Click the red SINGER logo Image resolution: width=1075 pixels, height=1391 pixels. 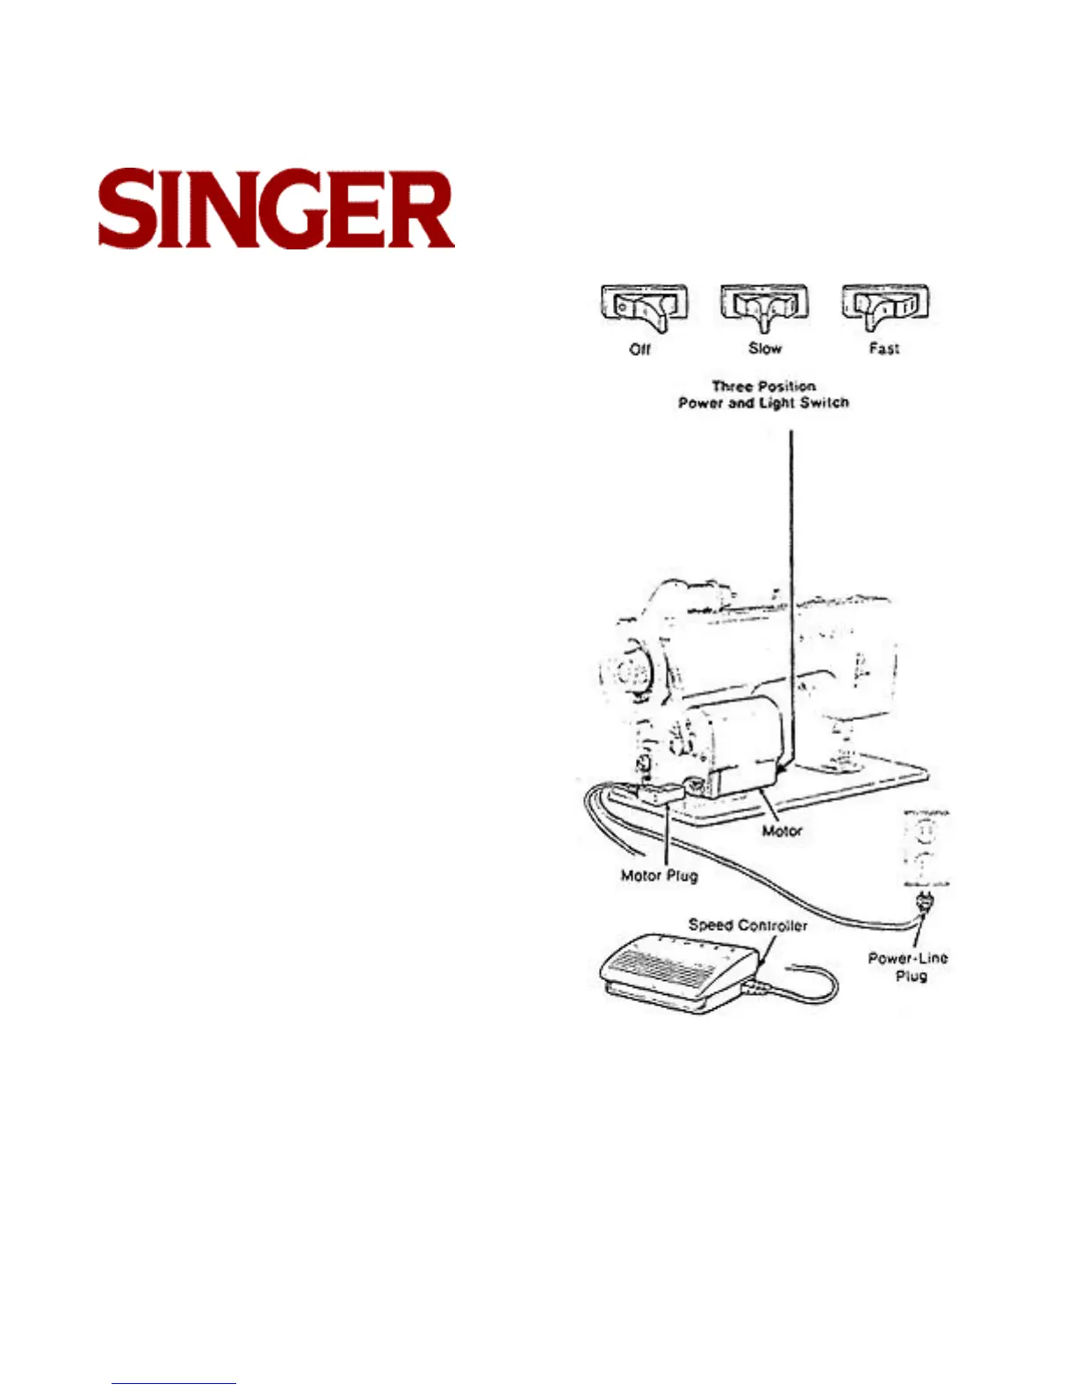276,209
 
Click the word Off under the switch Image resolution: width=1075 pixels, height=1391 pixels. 640,350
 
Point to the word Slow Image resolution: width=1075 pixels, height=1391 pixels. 764,349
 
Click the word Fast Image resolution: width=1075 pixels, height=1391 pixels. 884,349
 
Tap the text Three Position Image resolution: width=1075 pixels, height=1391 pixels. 763,386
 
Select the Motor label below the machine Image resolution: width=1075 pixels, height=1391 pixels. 782,831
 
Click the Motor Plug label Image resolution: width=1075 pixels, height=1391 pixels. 659,876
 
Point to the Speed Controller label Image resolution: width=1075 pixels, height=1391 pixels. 747,925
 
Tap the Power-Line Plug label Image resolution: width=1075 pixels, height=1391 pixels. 908,967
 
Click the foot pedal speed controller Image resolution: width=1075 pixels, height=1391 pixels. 676,970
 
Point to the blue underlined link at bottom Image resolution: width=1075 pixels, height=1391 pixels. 174,1383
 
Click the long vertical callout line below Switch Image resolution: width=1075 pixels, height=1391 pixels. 792,571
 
